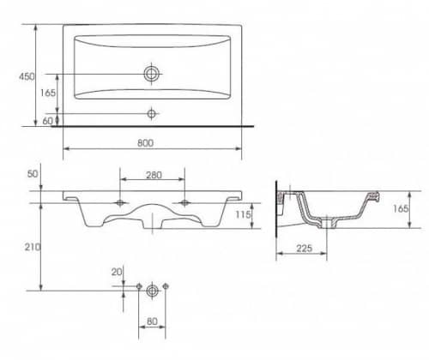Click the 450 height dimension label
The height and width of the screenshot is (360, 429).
[x=27, y=76]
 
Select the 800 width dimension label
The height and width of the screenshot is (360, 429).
[x=145, y=143]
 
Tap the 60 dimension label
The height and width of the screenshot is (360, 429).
[x=47, y=121]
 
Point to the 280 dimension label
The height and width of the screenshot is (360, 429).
[x=154, y=175]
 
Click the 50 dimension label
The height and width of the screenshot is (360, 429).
[x=33, y=174]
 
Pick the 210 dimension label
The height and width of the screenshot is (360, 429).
[x=32, y=247]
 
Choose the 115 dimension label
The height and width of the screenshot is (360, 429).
[x=243, y=214]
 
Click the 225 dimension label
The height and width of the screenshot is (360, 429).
[x=304, y=249]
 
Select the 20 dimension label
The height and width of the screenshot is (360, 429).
[x=117, y=272]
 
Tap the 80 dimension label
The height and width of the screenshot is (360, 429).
[x=152, y=321]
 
